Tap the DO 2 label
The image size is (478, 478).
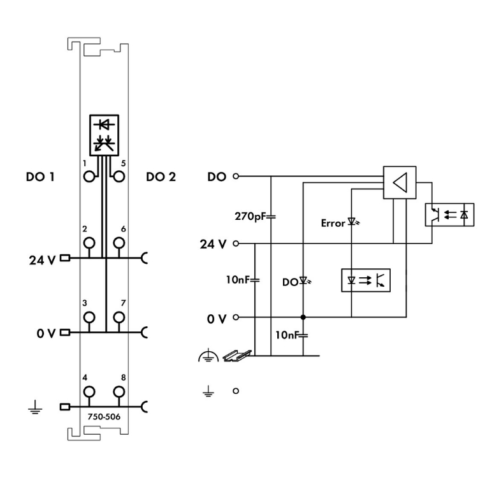point(161,177)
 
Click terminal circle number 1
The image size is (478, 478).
point(89,177)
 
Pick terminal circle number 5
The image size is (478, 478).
point(118,177)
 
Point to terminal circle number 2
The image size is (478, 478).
point(89,242)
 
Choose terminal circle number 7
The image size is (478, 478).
point(118,317)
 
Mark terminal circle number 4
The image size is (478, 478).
point(89,391)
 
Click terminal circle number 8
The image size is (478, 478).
point(118,391)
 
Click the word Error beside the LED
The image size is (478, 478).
point(333,223)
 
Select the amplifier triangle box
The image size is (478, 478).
point(400,183)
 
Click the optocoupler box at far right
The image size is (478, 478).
point(449,214)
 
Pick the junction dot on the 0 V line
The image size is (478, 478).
point(303,317)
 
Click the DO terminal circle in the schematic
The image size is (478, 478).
point(236,176)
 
